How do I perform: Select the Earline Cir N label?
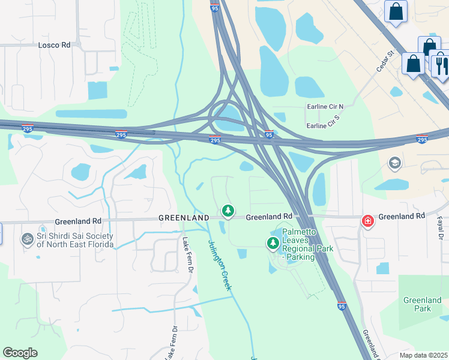325,107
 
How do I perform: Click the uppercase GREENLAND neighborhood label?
184,217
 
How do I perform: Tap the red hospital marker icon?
367,221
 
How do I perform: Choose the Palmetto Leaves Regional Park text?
300,242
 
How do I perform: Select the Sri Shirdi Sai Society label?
74,240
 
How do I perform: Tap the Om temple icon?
27,239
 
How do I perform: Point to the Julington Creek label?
220,265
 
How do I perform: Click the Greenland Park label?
418,304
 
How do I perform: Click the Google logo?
20,353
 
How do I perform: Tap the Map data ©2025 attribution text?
423,355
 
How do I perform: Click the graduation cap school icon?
395,163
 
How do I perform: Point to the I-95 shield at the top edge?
215,7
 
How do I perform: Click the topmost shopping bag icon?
396,11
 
